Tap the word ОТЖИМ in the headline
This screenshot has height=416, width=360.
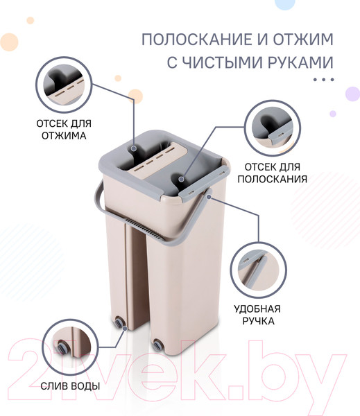click(303, 40)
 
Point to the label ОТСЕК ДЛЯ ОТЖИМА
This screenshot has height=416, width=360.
click(64, 130)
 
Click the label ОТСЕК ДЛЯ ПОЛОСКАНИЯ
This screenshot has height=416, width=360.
click(273, 173)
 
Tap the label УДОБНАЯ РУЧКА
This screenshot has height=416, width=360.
click(257, 315)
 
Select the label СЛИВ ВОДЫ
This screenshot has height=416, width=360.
click(70, 386)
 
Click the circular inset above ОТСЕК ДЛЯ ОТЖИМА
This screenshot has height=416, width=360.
click(64, 85)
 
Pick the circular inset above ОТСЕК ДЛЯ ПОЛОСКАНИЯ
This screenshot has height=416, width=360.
click(272, 128)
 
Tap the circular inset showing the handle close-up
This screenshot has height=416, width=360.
click(258, 270)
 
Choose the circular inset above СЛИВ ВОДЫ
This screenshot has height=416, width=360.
click(70, 347)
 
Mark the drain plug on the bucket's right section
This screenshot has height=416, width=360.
click(157, 345)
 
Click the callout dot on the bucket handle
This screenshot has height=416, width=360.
click(209, 197)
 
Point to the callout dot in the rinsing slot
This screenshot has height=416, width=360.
click(181, 180)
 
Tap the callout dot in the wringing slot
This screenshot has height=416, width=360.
click(134, 148)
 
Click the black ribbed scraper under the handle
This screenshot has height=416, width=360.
click(143, 227)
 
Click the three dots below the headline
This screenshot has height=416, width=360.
click(323, 80)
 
